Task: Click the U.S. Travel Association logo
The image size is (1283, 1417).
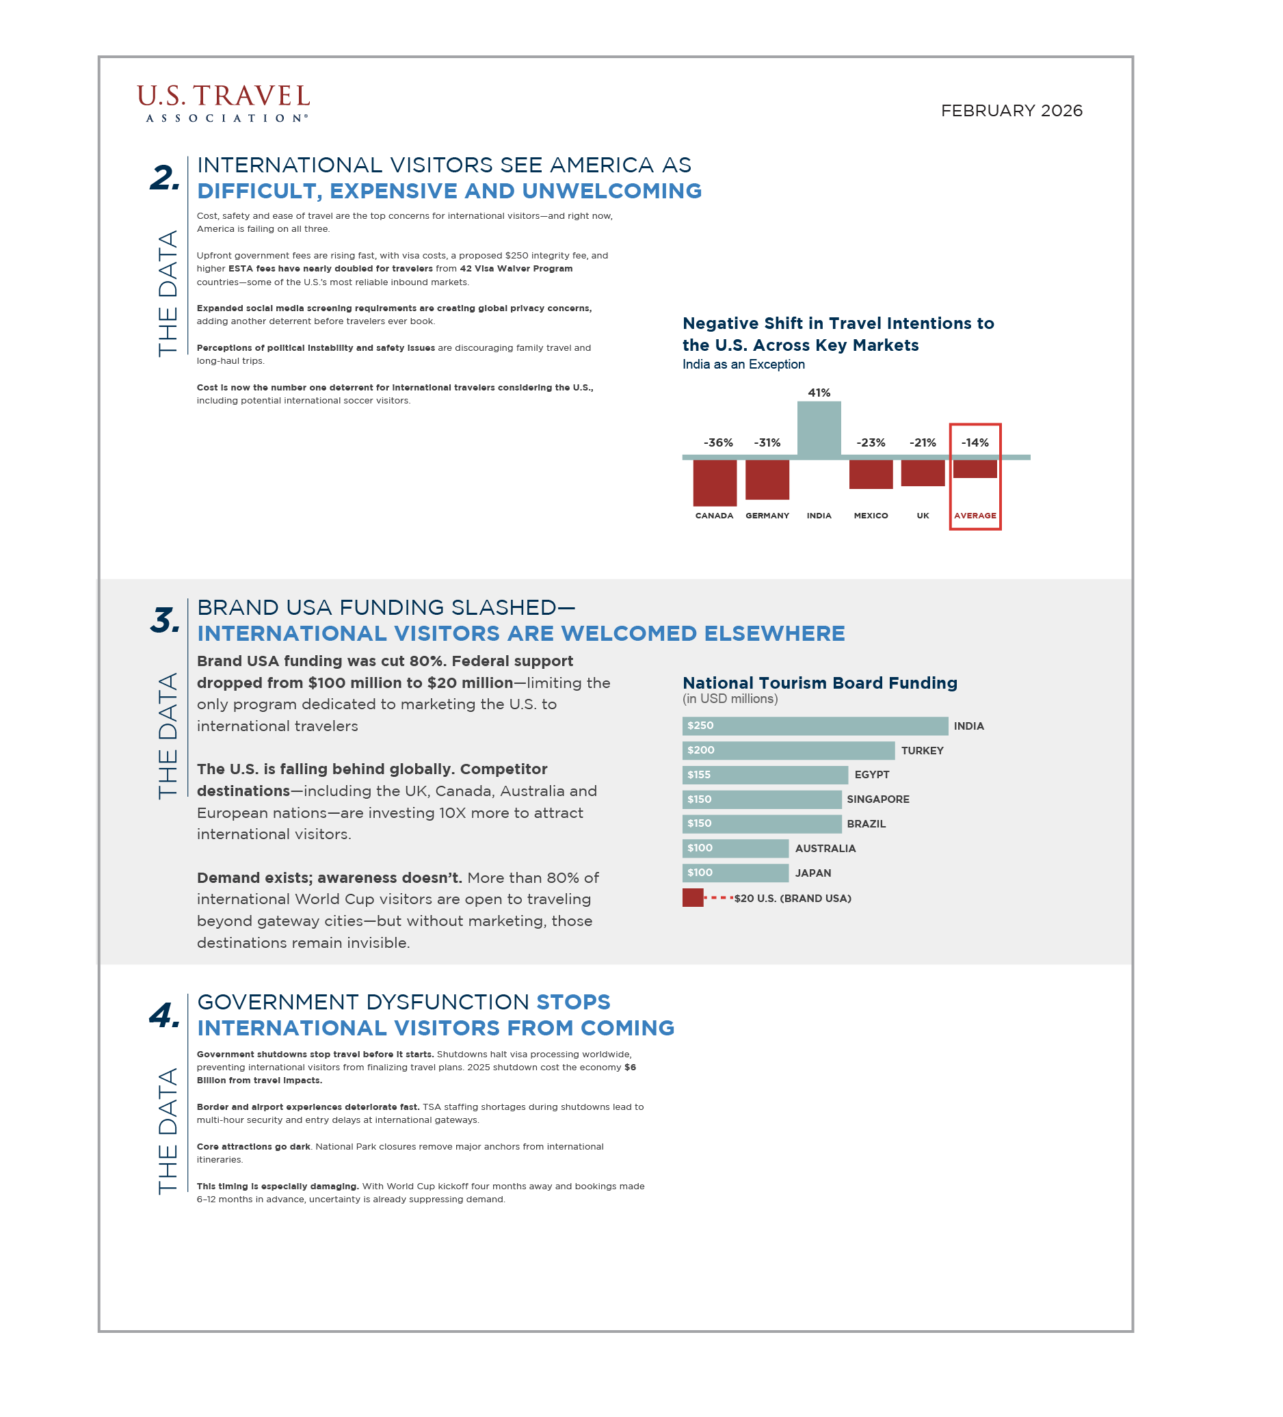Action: click(x=223, y=103)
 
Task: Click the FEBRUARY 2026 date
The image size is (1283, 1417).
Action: click(x=1011, y=111)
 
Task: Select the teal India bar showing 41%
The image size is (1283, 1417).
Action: click(x=819, y=429)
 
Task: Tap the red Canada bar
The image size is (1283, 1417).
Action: click(x=714, y=482)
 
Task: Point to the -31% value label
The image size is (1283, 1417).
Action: click(x=767, y=442)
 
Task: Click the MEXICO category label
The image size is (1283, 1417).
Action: click(x=871, y=515)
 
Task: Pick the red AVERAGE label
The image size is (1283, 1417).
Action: click(x=975, y=515)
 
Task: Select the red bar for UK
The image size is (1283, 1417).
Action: click(x=923, y=473)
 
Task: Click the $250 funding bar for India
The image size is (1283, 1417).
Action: click(x=814, y=726)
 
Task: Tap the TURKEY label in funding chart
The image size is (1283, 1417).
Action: click(x=922, y=751)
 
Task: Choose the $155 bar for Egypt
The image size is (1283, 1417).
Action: click(x=764, y=775)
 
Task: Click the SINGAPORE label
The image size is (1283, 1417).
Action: click(x=877, y=799)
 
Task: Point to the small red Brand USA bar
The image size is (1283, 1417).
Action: click(x=693, y=897)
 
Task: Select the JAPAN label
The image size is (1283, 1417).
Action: click(x=812, y=873)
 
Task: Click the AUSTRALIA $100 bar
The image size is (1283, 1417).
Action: click(x=735, y=849)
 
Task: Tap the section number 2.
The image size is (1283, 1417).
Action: click(x=165, y=177)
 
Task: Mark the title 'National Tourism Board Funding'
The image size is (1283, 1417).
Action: click(x=820, y=683)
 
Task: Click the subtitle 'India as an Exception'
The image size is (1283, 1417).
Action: click(x=743, y=364)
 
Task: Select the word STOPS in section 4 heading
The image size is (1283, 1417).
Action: click(x=573, y=1002)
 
